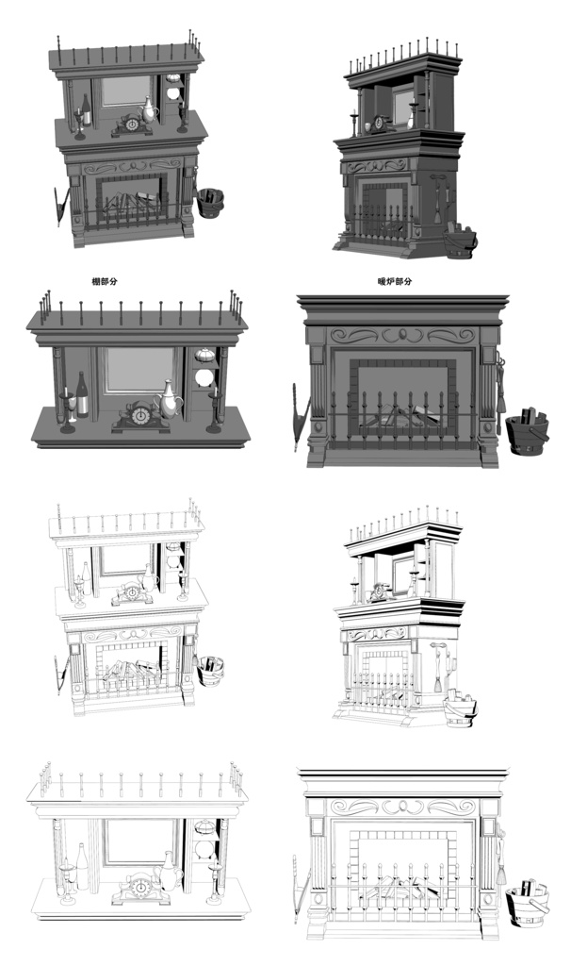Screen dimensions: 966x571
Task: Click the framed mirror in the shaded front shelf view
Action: click(x=138, y=370)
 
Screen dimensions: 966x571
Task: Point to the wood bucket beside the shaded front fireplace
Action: click(x=525, y=431)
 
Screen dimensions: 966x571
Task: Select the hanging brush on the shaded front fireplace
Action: click(x=500, y=387)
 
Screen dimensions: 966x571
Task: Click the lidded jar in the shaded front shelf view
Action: click(x=204, y=355)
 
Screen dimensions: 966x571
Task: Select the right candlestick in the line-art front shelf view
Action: click(x=215, y=882)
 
